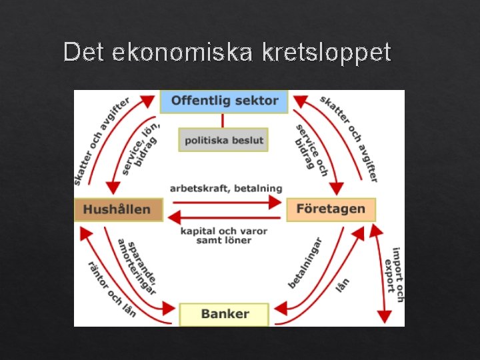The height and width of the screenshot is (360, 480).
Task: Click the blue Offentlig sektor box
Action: click(x=224, y=101)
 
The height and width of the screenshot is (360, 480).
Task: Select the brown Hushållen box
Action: click(x=117, y=210)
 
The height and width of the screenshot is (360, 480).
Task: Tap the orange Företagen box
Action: click(x=331, y=209)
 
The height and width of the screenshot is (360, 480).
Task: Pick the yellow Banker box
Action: click(x=225, y=314)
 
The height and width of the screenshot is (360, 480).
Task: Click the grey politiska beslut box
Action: click(x=223, y=140)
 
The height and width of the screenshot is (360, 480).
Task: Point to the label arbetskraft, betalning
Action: click(x=225, y=189)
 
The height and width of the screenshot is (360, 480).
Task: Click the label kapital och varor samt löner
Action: click(x=224, y=235)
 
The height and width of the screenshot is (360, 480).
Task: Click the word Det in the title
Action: click(x=84, y=52)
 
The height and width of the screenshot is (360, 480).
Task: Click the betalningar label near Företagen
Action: click(x=305, y=263)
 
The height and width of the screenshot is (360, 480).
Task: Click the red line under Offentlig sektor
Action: click(x=223, y=120)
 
